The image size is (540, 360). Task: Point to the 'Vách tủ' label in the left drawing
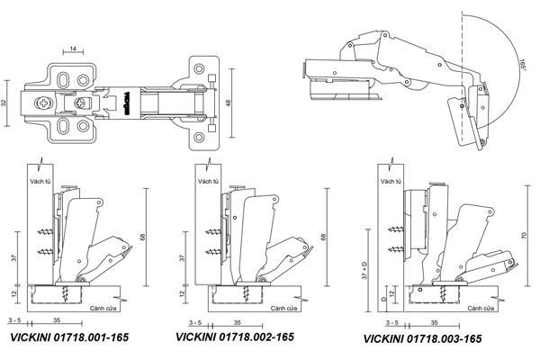[x=40, y=183]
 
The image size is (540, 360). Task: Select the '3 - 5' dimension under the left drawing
[x=14, y=319]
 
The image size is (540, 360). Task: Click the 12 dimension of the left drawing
[x=13, y=293]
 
